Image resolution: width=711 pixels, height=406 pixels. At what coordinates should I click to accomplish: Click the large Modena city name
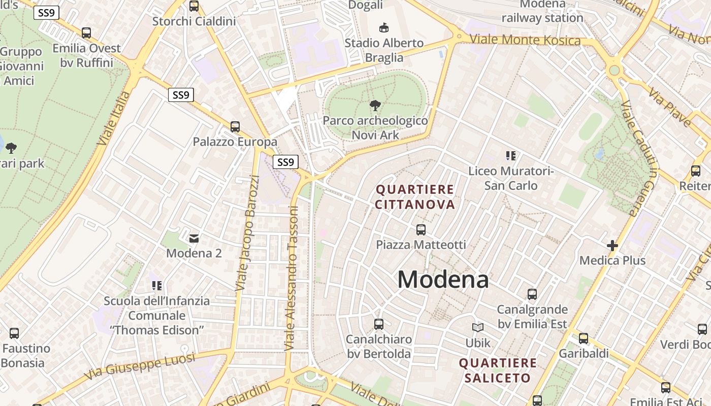pos(443,280)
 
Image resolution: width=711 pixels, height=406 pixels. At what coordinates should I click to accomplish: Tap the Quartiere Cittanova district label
pos(415,197)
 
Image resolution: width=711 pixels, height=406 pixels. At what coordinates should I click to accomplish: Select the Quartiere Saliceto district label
pos(497,370)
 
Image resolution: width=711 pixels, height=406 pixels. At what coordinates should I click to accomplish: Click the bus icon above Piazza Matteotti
pos(421,230)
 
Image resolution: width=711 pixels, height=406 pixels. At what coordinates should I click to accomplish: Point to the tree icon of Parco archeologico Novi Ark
pos(375,106)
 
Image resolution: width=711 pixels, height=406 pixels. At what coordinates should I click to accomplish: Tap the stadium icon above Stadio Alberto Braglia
pos(384,27)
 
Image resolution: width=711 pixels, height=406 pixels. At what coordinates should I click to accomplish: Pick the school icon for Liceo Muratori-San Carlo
pos(510,156)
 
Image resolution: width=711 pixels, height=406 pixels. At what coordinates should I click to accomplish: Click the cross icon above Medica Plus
pos(612,246)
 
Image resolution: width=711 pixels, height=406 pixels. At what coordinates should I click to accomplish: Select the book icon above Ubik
pos(478,328)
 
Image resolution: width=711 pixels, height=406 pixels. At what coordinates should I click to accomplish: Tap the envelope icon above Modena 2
pos(194,238)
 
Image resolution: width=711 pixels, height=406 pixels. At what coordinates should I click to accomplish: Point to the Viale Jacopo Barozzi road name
pos(248,233)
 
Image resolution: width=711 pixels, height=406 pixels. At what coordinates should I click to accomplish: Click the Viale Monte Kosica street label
pos(525,40)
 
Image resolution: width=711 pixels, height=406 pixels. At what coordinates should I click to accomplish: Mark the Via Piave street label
pos(670,107)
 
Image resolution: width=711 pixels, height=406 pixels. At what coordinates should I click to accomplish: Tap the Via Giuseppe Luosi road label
pos(140,366)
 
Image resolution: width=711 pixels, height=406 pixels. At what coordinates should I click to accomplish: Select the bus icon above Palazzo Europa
pos(235,127)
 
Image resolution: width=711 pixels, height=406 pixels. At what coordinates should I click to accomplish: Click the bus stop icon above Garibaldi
pos(584,338)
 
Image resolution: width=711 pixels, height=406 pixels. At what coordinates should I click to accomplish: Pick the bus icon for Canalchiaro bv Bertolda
pos(378,324)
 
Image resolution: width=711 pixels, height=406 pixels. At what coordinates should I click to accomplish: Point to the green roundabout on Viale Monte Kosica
pos(614,70)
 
